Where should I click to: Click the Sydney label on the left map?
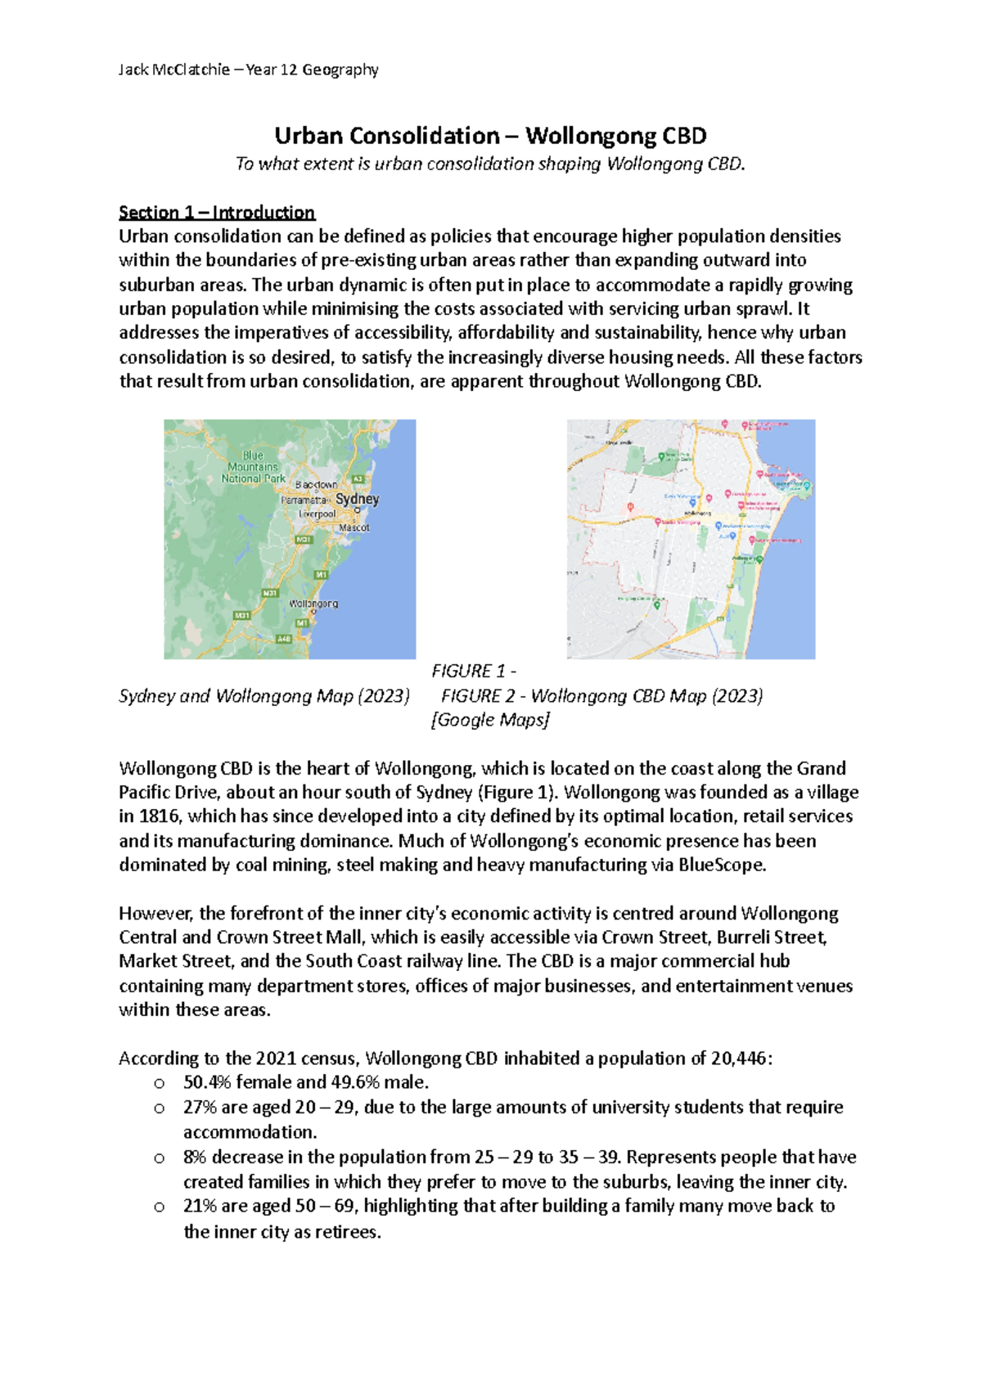click(358, 498)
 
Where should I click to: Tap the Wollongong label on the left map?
click(313, 604)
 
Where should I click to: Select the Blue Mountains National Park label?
click(253, 467)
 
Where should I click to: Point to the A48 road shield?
click(283, 639)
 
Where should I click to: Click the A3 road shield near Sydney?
click(358, 479)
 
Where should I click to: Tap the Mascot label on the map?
click(354, 528)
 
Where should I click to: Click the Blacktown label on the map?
click(316, 484)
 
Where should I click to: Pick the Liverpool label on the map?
click(317, 514)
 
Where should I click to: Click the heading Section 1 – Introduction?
click(217, 213)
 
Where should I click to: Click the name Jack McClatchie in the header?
click(174, 70)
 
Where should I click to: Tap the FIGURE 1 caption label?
click(471, 672)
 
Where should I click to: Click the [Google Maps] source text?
click(489, 720)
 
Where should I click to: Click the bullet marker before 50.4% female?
click(159, 1084)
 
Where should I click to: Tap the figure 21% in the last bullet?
click(200, 1206)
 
